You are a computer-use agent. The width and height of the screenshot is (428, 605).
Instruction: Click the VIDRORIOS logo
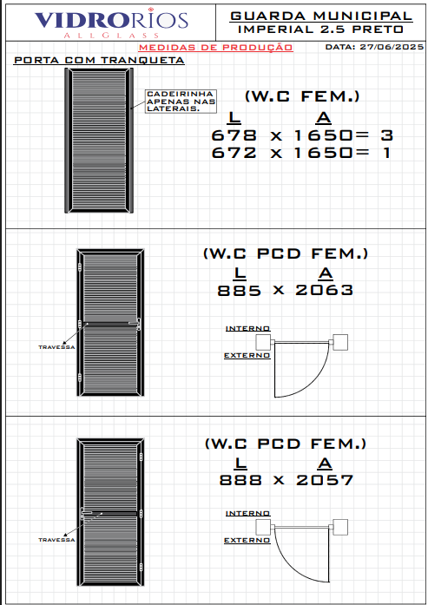(x=111, y=23)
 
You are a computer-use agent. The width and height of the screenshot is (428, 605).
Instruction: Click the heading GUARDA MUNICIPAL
(x=321, y=16)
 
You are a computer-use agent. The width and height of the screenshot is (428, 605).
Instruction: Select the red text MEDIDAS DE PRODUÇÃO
(x=216, y=48)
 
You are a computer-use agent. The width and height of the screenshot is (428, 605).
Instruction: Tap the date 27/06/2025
(x=392, y=47)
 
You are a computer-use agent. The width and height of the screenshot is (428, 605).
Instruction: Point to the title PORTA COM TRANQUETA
(x=99, y=60)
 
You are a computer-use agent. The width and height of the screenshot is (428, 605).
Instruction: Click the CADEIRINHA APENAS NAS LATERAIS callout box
(x=181, y=101)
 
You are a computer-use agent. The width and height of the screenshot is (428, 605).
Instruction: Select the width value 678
(x=234, y=135)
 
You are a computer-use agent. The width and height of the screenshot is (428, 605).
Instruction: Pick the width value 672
(x=234, y=153)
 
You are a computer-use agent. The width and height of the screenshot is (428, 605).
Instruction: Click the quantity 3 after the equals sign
(x=386, y=135)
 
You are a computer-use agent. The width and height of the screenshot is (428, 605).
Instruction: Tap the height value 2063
(x=324, y=290)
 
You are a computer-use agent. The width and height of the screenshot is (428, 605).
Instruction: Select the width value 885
(x=240, y=290)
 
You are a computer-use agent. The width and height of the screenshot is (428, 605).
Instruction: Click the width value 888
(x=240, y=480)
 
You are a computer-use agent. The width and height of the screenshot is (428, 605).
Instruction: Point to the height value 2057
(x=325, y=480)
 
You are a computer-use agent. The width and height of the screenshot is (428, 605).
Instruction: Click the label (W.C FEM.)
(x=302, y=96)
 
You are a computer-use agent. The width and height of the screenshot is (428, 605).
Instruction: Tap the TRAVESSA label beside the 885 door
(x=56, y=347)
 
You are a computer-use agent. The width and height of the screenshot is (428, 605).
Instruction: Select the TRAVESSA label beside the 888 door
(x=56, y=540)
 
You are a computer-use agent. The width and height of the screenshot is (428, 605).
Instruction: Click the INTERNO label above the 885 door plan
(x=247, y=328)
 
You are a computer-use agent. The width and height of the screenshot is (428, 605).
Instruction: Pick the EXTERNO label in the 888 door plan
(x=247, y=540)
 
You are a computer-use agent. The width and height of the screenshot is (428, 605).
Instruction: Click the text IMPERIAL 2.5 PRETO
(x=321, y=30)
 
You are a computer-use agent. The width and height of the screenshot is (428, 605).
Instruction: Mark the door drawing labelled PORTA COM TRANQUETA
(x=99, y=141)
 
